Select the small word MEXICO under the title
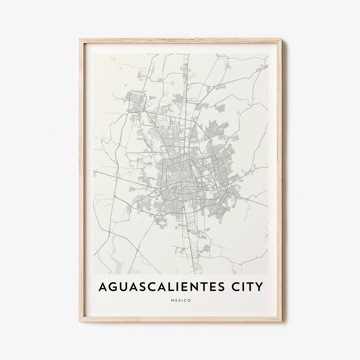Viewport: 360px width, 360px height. click(x=181, y=300)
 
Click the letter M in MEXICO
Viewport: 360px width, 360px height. click(x=173, y=300)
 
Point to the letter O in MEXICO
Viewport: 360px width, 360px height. click(x=189, y=300)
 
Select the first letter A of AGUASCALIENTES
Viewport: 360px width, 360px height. click(x=103, y=287)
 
